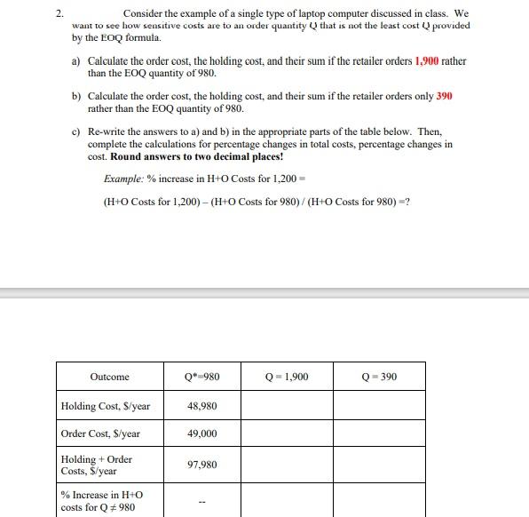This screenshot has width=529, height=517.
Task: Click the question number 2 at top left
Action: tap(59, 14)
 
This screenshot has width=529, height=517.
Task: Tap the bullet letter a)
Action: tap(77, 61)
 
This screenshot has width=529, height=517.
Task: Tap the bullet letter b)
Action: tap(77, 95)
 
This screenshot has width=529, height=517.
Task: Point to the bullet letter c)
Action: tap(77, 131)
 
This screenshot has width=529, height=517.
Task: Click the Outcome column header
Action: tap(109, 377)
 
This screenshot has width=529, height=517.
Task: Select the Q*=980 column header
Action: tap(202, 377)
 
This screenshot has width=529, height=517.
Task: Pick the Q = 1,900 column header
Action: tap(287, 377)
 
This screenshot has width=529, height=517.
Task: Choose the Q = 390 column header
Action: tap(379, 377)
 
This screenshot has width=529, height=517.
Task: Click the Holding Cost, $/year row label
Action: tap(106, 406)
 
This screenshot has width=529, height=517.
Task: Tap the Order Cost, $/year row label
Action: tap(100, 434)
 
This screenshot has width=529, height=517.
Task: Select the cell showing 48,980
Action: tap(202, 406)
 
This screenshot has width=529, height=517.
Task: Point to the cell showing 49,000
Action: tap(202, 434)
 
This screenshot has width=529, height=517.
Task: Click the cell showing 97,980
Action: tap(202, 465)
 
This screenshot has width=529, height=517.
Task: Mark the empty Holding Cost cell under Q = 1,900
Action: tap(287, 406)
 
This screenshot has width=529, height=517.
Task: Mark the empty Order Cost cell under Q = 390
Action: tap(379, 434)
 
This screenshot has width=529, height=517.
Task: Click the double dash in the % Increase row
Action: tap(202, 499)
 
